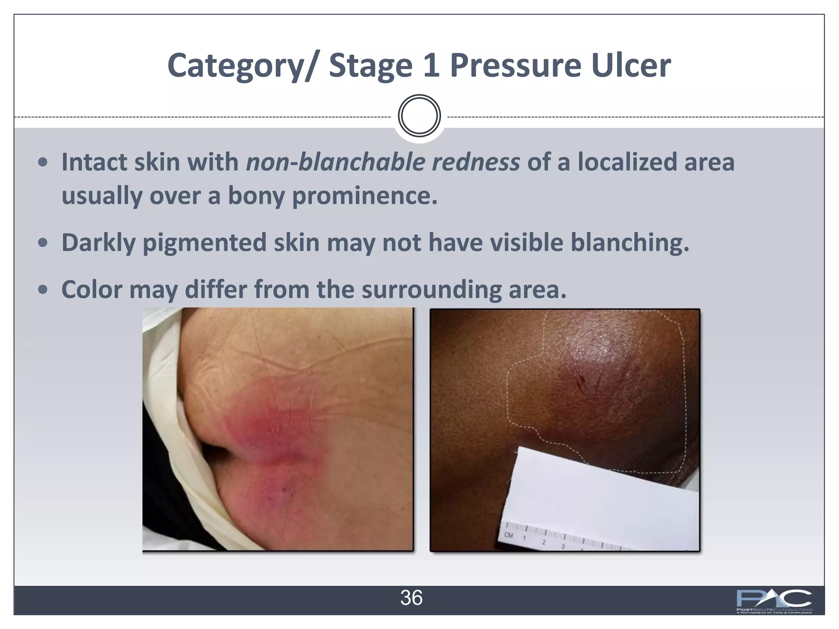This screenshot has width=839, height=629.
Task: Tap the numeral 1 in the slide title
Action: [x=431, y=66]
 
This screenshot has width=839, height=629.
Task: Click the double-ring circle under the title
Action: [x=419, y=116]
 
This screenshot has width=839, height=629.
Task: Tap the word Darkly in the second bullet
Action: [x=98, y=242]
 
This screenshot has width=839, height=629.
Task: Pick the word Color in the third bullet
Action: [x=92, y=289]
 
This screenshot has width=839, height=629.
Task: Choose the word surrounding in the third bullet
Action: [x=431, y=289]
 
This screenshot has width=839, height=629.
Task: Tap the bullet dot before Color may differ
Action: [x=42, y=290]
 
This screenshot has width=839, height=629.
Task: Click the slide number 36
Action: [x=411, y=598]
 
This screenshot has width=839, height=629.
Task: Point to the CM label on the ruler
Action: [x=509, y=535]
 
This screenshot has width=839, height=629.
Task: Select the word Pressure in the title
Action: [x=515, y=66]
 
